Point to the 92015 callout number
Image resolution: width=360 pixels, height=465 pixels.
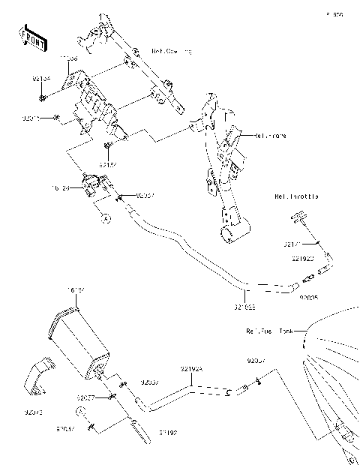click(31, 118)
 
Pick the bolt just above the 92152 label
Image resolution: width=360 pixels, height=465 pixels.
click(110, 145)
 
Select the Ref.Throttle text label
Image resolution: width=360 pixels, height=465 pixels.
click(296, 196)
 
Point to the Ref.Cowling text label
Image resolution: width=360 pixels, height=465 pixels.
click(171, 51)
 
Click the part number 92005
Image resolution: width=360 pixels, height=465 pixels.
click(309, 297)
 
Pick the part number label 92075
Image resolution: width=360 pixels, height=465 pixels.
click(34, 411)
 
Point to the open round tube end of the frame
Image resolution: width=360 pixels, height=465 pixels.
click(229, 235)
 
